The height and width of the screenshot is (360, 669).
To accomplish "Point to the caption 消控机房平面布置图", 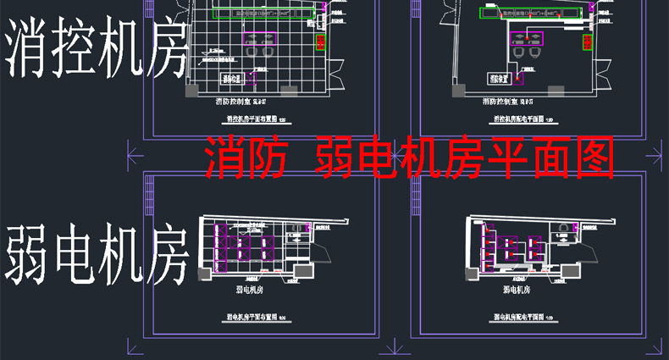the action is (246, 119).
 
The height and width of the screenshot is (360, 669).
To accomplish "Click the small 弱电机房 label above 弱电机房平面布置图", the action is (246, 290).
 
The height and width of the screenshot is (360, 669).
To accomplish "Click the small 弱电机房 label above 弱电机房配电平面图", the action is (515, 290).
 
